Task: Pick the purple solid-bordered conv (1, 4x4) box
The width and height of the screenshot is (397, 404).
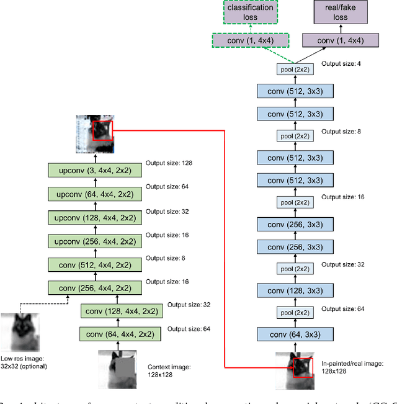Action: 341,41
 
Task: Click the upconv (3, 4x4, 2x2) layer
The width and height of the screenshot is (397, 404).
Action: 96,169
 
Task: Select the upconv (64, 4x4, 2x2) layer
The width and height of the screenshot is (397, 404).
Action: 96,193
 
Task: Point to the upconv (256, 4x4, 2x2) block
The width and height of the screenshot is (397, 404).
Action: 96,240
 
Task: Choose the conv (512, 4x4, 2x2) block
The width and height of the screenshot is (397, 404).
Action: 96,264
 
